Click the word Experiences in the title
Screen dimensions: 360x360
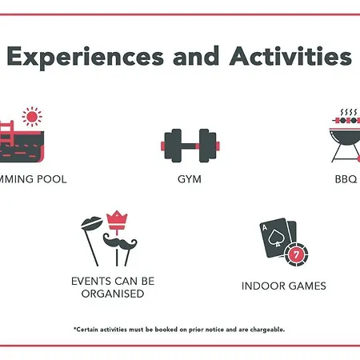tap(86, 57)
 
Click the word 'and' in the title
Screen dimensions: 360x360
tap(196, 56)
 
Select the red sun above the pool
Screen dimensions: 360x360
tap(32, 117)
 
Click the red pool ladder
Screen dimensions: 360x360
tap(6, 134)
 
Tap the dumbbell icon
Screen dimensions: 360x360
tap(190, 146)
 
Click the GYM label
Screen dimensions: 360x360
tap(190, 179)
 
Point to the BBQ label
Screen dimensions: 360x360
tap(346, 179)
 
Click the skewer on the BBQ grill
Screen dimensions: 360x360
tap(346, 121)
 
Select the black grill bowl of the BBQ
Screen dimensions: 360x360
tap(346, 137)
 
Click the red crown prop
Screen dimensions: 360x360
tap(117, 220)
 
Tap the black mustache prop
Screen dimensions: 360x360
tap(120, 242)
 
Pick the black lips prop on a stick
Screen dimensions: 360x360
tap(91, 223)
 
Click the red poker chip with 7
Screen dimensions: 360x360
tap(296, 254)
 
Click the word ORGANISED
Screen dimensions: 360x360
tap(113, 294)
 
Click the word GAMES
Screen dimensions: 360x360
tap(307, 286)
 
